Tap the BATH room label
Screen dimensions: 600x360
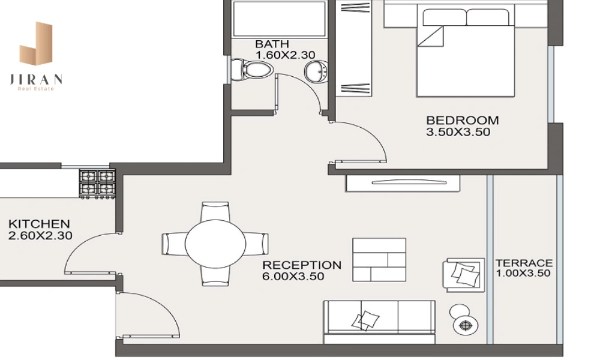pos(272,44)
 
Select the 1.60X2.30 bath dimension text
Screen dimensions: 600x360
pos(286,55)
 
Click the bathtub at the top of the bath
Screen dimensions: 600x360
pos(280,19)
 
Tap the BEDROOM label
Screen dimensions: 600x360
pos(462,120)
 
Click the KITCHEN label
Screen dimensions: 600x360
pos(39,224)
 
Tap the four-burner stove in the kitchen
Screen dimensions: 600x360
pos(97,183)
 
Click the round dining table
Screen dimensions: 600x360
pos(215,244)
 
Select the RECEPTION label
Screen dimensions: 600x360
pos(302,265)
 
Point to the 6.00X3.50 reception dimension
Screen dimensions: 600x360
pos(293,276)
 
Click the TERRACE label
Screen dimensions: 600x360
pos(524,263)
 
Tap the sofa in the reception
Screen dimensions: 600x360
pos(379,322)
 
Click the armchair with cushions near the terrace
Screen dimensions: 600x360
pos(464,275)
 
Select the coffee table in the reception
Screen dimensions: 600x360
pos(379,260)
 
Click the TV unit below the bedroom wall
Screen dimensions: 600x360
pos(403,183)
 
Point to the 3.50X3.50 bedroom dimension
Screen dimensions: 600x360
pos(458,132)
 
